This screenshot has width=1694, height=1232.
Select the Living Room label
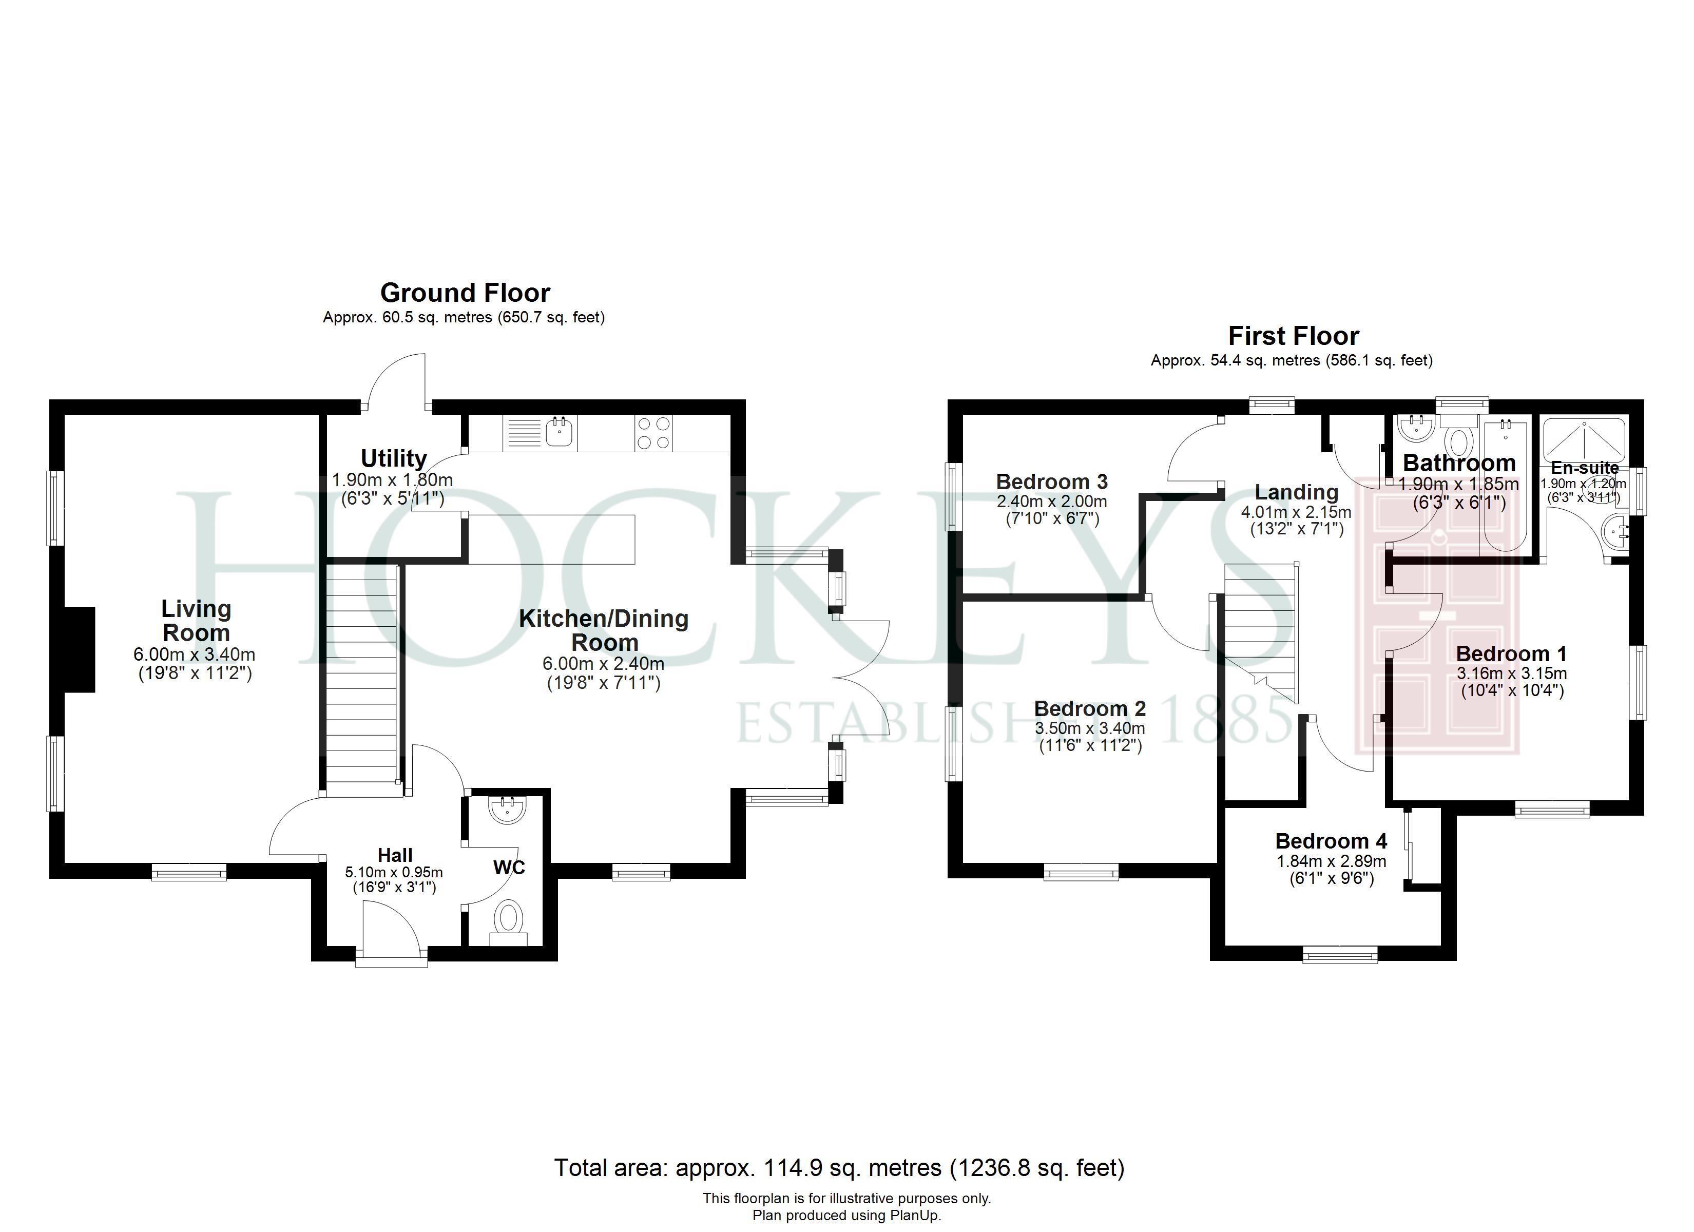(197, 621)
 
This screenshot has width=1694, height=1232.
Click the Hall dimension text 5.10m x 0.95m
(394, 872)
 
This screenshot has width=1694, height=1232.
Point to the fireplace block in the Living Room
(80, 649)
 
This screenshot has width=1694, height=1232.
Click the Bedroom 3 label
(1052, 482)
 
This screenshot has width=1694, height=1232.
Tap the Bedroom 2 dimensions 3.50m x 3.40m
(1090, 728)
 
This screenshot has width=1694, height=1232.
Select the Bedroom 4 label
(1331, 841)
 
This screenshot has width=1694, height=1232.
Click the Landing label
(1297, 492)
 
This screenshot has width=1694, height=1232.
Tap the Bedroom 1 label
(1511, 653)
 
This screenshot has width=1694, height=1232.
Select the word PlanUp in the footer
(913, 1216)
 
